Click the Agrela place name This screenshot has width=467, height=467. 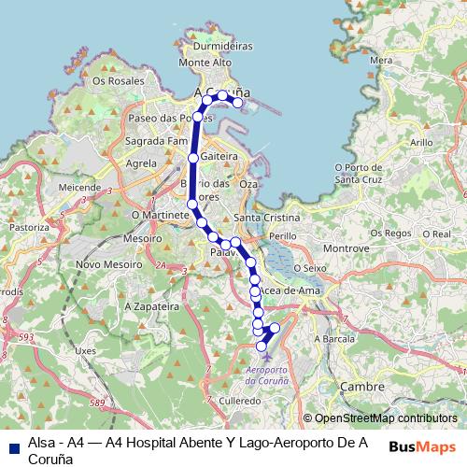click(x=141, y=163)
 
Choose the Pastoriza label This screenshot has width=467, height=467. click(x=29, y=227)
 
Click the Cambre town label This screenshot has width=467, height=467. click(x=363, y=386)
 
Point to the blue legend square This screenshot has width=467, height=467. click(x=12, y=446)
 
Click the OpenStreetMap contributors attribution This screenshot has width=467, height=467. click(x=385, y=419)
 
